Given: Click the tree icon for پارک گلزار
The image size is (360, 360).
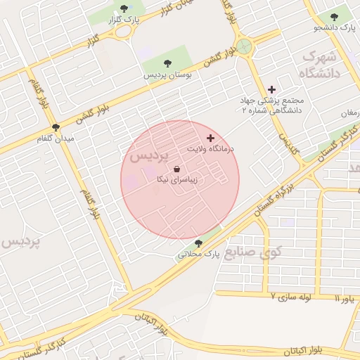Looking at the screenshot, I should click(x=124, y=8).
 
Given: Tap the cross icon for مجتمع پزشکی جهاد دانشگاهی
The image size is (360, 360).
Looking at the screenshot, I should click(x=272, y=89).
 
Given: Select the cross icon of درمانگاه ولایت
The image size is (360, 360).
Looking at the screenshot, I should click(x=210, y=139).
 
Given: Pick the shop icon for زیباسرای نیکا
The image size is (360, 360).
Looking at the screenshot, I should click(x=176, y=169).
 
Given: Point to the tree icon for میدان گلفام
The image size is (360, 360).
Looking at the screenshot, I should click(x=56, y=128).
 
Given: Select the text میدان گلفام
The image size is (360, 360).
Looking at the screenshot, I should click(x=56, y=139).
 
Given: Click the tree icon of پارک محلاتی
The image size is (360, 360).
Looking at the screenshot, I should click(x=198, y=243).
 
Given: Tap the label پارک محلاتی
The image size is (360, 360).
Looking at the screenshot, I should click(x=198, y=254).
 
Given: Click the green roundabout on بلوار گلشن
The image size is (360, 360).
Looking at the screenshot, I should click(x=244, y=47).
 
